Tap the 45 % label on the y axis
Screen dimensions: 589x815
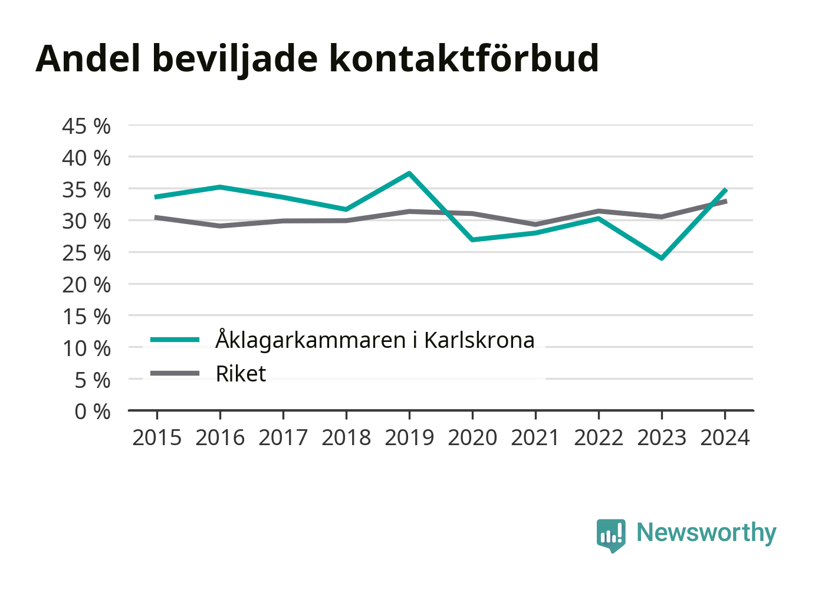pos(86,126)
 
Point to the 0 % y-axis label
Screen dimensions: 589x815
pos(93,412)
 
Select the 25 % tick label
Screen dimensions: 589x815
pos(86,253)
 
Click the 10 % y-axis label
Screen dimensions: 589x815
pos(86,348)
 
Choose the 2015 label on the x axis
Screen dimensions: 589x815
pos(157,438)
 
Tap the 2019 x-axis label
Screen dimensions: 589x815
pos(409,438)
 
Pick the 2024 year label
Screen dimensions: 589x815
pos(725,438)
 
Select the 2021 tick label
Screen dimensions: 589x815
pos(535,438)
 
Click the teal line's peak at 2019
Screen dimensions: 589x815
pos(409,173)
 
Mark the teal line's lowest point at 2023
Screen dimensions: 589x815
pos(662,258)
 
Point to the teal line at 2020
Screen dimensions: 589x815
pos(472,239)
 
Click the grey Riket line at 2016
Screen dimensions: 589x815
pos(220,226)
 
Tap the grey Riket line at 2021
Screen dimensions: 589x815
pos(535,225)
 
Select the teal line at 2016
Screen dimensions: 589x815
pos(220,187)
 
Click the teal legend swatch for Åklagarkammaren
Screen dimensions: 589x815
pos(175,340)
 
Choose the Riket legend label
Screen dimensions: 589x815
pos(241,374)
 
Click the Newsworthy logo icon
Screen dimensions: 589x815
pos(610,535)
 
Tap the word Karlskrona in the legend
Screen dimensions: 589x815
pos(479,340)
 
